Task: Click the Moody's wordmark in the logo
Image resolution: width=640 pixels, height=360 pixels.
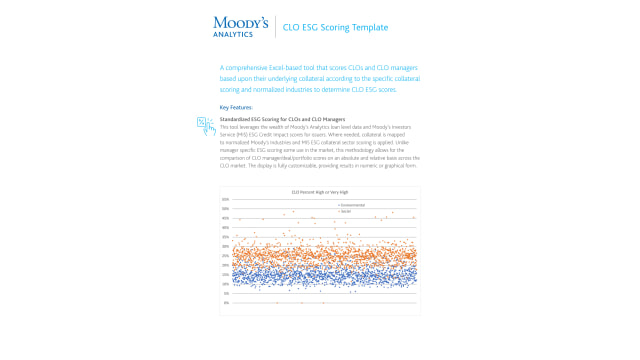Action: [x=241, y=22]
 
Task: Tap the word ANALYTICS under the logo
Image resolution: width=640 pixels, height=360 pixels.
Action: [x=234, y=34]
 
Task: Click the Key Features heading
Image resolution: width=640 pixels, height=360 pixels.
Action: [x=236, y=107]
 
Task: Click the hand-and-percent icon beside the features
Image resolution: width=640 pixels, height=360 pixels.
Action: [x=205, y=124]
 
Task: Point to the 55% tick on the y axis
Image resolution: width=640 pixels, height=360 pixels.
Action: [x=226, y=199]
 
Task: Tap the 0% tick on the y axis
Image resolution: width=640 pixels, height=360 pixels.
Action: [x=227, y=302]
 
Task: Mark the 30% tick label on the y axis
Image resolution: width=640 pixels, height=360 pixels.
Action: [x=226, y=246]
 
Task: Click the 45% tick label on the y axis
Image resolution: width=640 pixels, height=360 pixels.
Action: [x=226, y=218]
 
